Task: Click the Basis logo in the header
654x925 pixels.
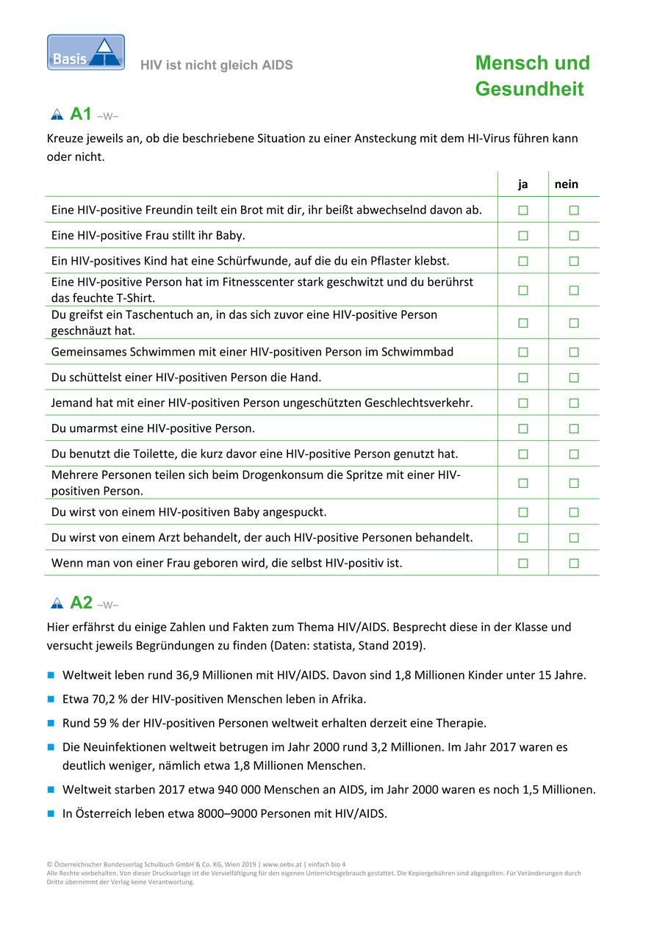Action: point(86,53)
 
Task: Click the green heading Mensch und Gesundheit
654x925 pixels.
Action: point(532,76)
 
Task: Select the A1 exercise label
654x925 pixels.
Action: point(81,114)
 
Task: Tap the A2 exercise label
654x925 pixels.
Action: point(81,603)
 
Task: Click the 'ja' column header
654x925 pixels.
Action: point(522,184)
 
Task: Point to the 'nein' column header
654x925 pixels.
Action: point(567,184)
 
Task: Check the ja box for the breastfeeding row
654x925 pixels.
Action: point(523,236)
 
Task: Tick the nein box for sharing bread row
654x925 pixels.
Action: point(574,210)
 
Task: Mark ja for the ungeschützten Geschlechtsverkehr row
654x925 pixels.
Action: point(523,403)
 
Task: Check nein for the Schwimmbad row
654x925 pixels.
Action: point(574,352)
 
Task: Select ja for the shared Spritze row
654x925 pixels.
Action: point(523,483)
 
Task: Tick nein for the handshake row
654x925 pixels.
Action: point(574,378)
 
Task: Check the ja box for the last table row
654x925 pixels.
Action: point(523,564)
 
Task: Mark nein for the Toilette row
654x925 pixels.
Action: point(574,453)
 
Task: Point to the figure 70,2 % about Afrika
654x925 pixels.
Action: point(107,698)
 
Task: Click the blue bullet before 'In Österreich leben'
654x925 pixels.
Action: point(51,813)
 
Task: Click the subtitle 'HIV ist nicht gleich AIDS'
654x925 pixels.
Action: point(217,65)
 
